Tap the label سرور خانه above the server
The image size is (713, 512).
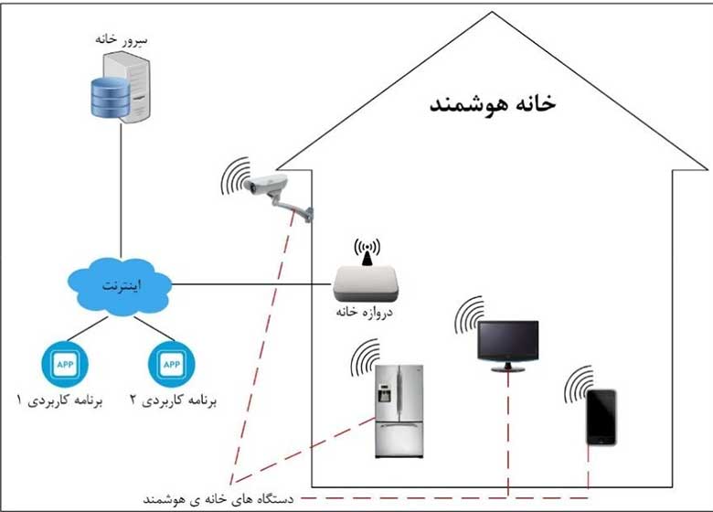(x=120, y=39)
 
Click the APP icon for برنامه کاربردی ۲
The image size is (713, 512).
(x=171, y=363)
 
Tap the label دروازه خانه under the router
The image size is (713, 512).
(x=368, y=314)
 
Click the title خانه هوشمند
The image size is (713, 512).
(x=494, y=102)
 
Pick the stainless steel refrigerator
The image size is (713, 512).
(x=399, y=410)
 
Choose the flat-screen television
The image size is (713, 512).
(x=506, y=345)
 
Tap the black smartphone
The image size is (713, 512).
(x=601, y=417)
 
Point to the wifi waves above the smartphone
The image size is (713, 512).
(x=578, y=384)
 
